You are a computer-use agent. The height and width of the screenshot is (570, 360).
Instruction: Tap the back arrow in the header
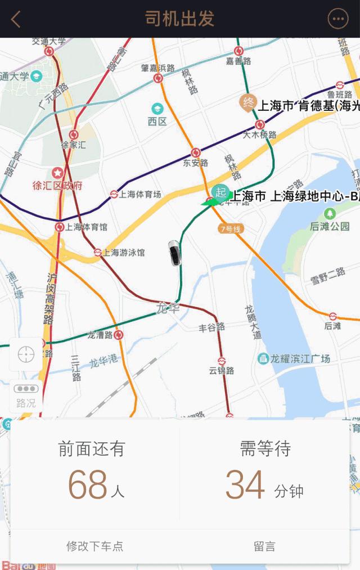16,19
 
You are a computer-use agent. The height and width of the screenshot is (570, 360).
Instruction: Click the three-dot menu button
338,19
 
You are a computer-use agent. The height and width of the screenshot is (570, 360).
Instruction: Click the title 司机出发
180,19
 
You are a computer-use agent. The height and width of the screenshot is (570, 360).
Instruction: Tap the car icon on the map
175,253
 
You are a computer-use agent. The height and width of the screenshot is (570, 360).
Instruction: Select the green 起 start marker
220,191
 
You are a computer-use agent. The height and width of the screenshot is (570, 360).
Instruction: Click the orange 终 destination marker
247,102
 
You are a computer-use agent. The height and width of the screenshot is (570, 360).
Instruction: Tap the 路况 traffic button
26,396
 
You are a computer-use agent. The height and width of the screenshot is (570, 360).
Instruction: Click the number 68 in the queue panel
88,484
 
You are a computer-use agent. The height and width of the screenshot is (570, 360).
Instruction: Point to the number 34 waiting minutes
245,484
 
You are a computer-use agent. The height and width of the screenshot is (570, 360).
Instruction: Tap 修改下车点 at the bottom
94,546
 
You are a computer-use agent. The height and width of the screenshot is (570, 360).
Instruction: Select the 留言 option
264,546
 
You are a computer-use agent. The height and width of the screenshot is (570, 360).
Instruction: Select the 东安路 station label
196,163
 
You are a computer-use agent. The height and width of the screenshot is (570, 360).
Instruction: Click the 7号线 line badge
231,228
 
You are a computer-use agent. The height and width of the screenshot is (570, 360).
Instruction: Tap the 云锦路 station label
222,370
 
